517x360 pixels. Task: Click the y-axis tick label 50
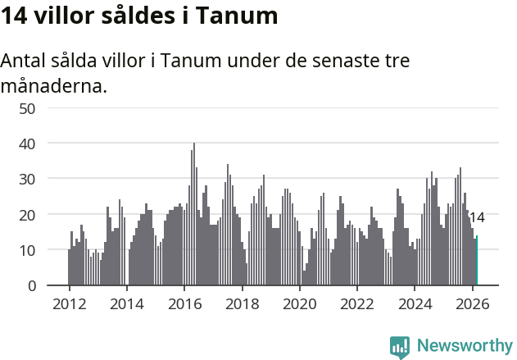[x=49, y=107]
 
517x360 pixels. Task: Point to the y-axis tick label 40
[x=49, y=144]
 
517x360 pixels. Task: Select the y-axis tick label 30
[x=49, y=179]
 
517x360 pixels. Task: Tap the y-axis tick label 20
[x=49, y=215]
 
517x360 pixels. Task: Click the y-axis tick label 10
[x=49, y=250]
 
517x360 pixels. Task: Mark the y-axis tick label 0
[x=53, y=285]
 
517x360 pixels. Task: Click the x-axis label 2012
[x=69, y=303]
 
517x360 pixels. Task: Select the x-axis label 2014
[x=126, y=303]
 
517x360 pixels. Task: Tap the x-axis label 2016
[x=184, y=303]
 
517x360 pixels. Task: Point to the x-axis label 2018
[x=242, y=303]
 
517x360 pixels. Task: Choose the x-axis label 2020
[x=299, y=303]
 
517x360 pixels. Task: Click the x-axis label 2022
[x=357, y=303]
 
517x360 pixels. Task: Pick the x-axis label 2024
[x=415, y=303]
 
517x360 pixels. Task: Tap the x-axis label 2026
[x=472, y=303]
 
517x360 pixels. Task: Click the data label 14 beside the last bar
[x=477, y=218]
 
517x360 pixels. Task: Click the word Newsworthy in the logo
[x=464, y=345]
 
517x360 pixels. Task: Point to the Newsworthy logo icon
[x=400, y=347]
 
